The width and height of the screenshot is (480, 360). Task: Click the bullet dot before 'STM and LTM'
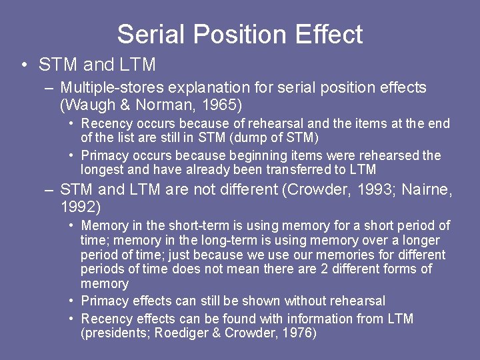(24, 65)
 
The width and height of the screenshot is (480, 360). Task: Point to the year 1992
(79, 207)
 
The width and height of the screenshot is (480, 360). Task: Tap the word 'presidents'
(115, 333)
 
